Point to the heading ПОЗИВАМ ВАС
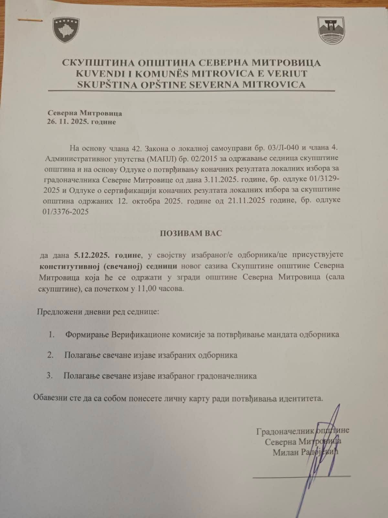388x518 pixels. [x=191, y=233]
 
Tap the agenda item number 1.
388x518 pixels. [x=51, y=334]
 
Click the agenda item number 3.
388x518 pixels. [x=49, y=376]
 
